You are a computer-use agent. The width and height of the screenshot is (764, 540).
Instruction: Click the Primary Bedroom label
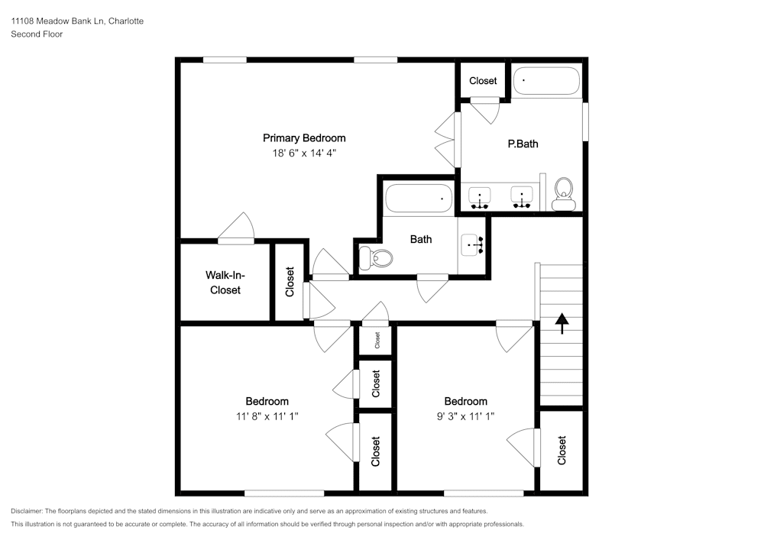pos(304,138)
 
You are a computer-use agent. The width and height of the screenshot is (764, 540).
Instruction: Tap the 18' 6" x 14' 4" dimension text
pos(304,153)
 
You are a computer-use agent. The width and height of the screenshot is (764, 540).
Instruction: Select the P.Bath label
pos(523,144)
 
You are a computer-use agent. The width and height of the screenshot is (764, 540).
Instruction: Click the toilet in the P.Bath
pos(564,193)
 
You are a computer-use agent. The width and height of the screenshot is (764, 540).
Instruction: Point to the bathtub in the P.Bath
pos(547,80)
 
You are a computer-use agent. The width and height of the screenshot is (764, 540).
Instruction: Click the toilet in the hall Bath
pos(376,258)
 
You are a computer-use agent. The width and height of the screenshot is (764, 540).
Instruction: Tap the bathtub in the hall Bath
pos(419,198)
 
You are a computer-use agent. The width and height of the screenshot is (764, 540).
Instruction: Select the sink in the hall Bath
pos(471,244)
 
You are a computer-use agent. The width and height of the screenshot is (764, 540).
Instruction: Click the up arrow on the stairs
pos(562,323)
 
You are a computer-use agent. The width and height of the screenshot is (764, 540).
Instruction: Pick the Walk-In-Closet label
pos(225,283)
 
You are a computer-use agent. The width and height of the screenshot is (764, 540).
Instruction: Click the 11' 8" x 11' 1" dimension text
pos(267,416)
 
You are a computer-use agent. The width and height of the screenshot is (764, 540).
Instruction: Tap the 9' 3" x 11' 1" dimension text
pos(465,416)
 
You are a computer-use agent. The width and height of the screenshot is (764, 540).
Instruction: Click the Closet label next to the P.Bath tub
pos(483,81)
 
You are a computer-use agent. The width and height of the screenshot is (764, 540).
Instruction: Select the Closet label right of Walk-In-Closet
pos(290,282)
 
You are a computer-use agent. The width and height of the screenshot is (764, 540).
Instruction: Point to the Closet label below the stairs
pos(562,451)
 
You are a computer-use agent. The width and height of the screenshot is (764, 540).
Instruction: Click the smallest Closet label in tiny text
pos(377,340)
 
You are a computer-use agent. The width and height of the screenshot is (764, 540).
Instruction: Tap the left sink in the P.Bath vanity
pos(480,198)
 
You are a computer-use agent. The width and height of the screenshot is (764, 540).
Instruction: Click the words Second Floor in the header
pos(37,34)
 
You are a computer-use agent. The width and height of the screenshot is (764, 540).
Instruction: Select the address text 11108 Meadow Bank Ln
pos(57,21)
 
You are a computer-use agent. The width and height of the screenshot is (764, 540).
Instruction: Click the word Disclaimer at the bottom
pos(26,511)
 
